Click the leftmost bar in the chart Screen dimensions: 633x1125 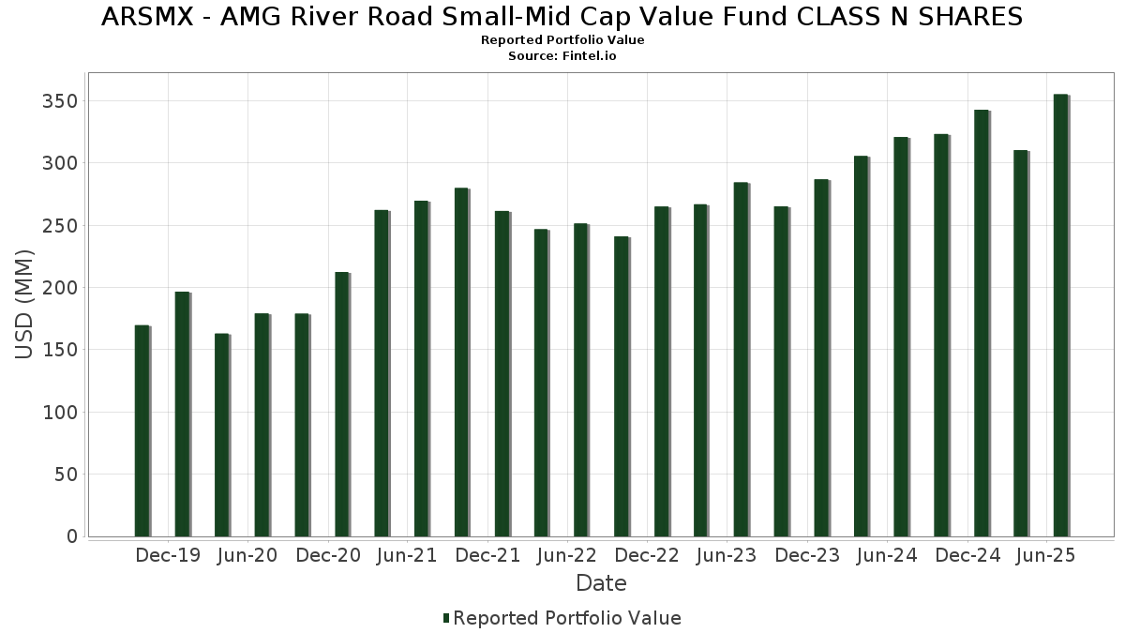(x=142, y=431)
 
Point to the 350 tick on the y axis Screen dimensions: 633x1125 (x=60, y=101)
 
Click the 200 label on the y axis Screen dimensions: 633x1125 (x=60, y=288)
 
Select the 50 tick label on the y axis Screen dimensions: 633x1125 (x=65, y=475)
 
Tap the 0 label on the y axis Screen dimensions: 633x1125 (x=70, y=536)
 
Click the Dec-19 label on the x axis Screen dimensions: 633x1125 (x=168, y=555)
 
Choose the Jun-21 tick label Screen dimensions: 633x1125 (x=407, y=555)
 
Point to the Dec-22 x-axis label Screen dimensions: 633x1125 (x=647, y=555)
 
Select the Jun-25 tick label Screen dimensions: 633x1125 (x=1046, y=555)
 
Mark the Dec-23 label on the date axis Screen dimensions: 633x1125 (x=807, y=555)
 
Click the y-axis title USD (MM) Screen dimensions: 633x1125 (x=25, y=304)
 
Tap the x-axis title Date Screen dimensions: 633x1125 (x=601, y=583)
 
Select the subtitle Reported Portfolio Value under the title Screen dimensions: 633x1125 (x=562, y=40)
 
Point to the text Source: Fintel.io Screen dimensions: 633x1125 (x=562, y=56)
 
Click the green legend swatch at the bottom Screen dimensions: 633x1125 (x=446, y=618)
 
